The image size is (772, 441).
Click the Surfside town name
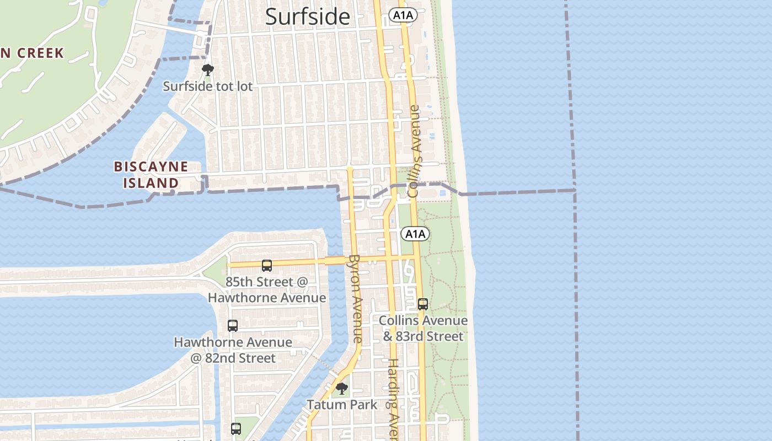point(307,17)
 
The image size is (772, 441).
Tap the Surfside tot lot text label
point(207,87)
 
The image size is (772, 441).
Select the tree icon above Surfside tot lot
point(207,70)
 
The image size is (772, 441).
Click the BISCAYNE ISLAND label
point(150,175)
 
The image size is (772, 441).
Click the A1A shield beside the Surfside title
point(403,15)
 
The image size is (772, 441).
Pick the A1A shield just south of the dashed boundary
point(415,234)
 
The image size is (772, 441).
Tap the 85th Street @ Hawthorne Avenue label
point(267,290)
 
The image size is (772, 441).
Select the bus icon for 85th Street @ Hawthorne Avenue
point(267,266)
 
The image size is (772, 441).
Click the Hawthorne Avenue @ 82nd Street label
point(233,350)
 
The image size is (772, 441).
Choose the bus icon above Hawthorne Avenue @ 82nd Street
point(233,326)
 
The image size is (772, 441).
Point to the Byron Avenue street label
point(356,298)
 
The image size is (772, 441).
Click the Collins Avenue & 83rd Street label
point(423,328)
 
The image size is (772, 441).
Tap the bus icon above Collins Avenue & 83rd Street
point(423,304)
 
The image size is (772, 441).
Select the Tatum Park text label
point(342,405)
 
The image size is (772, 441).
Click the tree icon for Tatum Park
point(342,389)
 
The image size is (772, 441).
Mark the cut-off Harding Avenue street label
point(393,399)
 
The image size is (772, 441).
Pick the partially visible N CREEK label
point(32,53)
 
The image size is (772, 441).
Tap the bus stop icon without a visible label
point(236,428)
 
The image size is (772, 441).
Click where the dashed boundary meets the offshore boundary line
point(575,190)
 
